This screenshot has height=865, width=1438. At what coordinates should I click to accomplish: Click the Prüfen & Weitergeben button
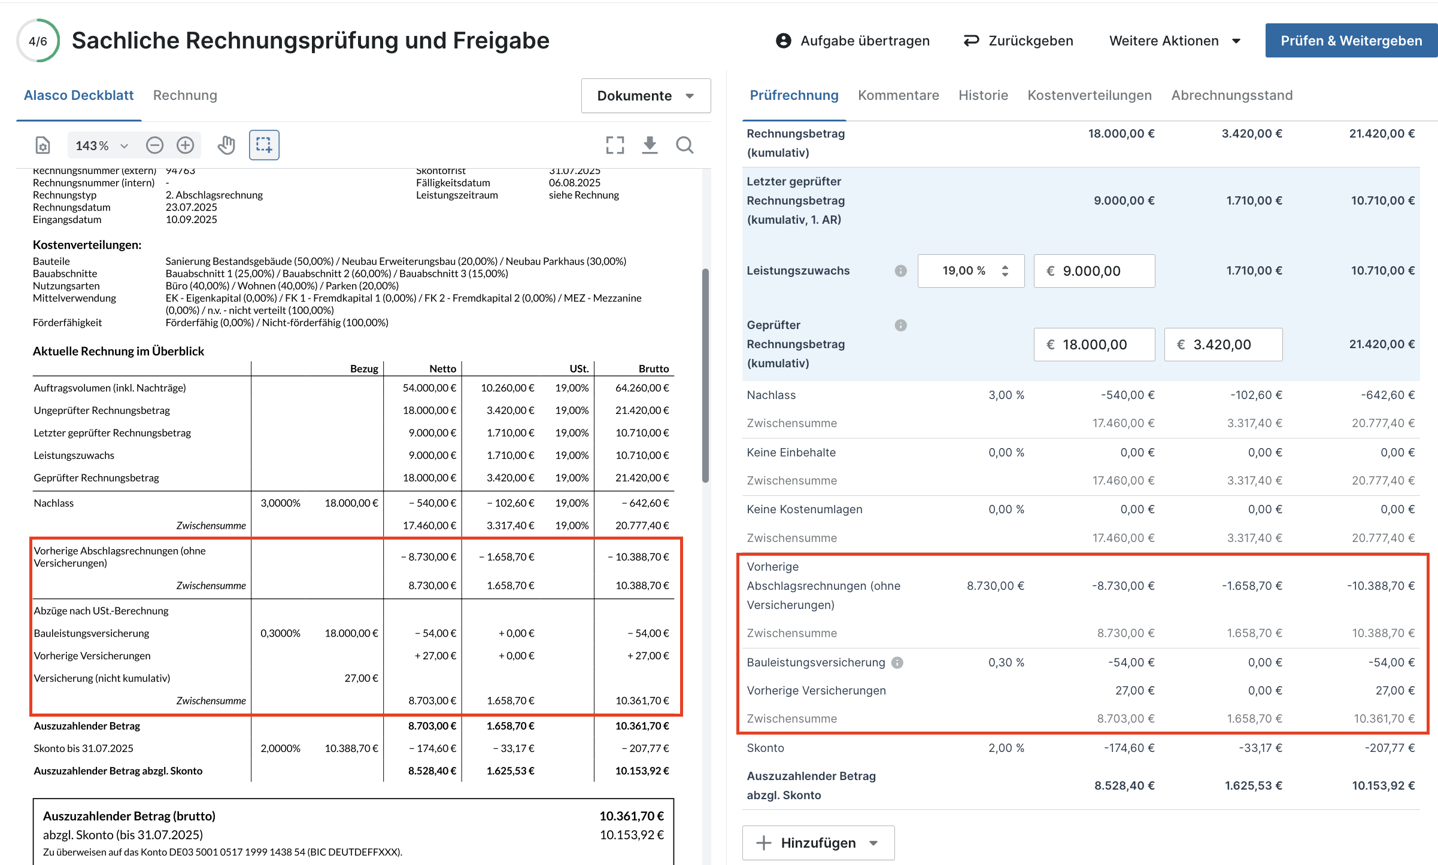coord(1351,41)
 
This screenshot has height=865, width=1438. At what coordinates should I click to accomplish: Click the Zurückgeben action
coord(1018,41)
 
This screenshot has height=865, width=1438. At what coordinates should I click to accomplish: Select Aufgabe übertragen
coord(853,41)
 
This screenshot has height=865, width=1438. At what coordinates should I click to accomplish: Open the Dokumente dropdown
coord(646,96)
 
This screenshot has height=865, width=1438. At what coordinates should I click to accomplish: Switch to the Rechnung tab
coord(185,95)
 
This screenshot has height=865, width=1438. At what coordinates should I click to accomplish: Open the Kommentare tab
coord(898,95)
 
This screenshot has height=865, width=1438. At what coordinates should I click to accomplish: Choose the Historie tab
coord(983,95)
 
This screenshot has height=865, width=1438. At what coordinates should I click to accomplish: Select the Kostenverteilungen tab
coord(1090,95)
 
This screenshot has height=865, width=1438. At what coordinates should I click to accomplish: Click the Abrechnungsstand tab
coord(1232,95)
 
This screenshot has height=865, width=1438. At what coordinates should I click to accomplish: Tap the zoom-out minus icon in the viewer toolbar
coord(154,145)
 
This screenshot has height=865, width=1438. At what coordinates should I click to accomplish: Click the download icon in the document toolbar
coord(650,145)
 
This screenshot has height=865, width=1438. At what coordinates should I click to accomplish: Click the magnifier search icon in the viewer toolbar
coord(684,145)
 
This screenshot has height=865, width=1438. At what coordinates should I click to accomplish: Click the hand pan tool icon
coord(226,145)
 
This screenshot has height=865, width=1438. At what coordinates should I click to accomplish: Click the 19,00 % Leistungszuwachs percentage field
coord(971,271)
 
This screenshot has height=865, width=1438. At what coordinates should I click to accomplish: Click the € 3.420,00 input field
coord(1223,345)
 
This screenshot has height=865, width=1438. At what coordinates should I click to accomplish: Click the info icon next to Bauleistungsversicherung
coord(897,663)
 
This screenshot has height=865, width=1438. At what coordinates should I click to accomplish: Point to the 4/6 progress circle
coord(38,41)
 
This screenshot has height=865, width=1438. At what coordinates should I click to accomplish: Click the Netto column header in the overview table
coord(443,368)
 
